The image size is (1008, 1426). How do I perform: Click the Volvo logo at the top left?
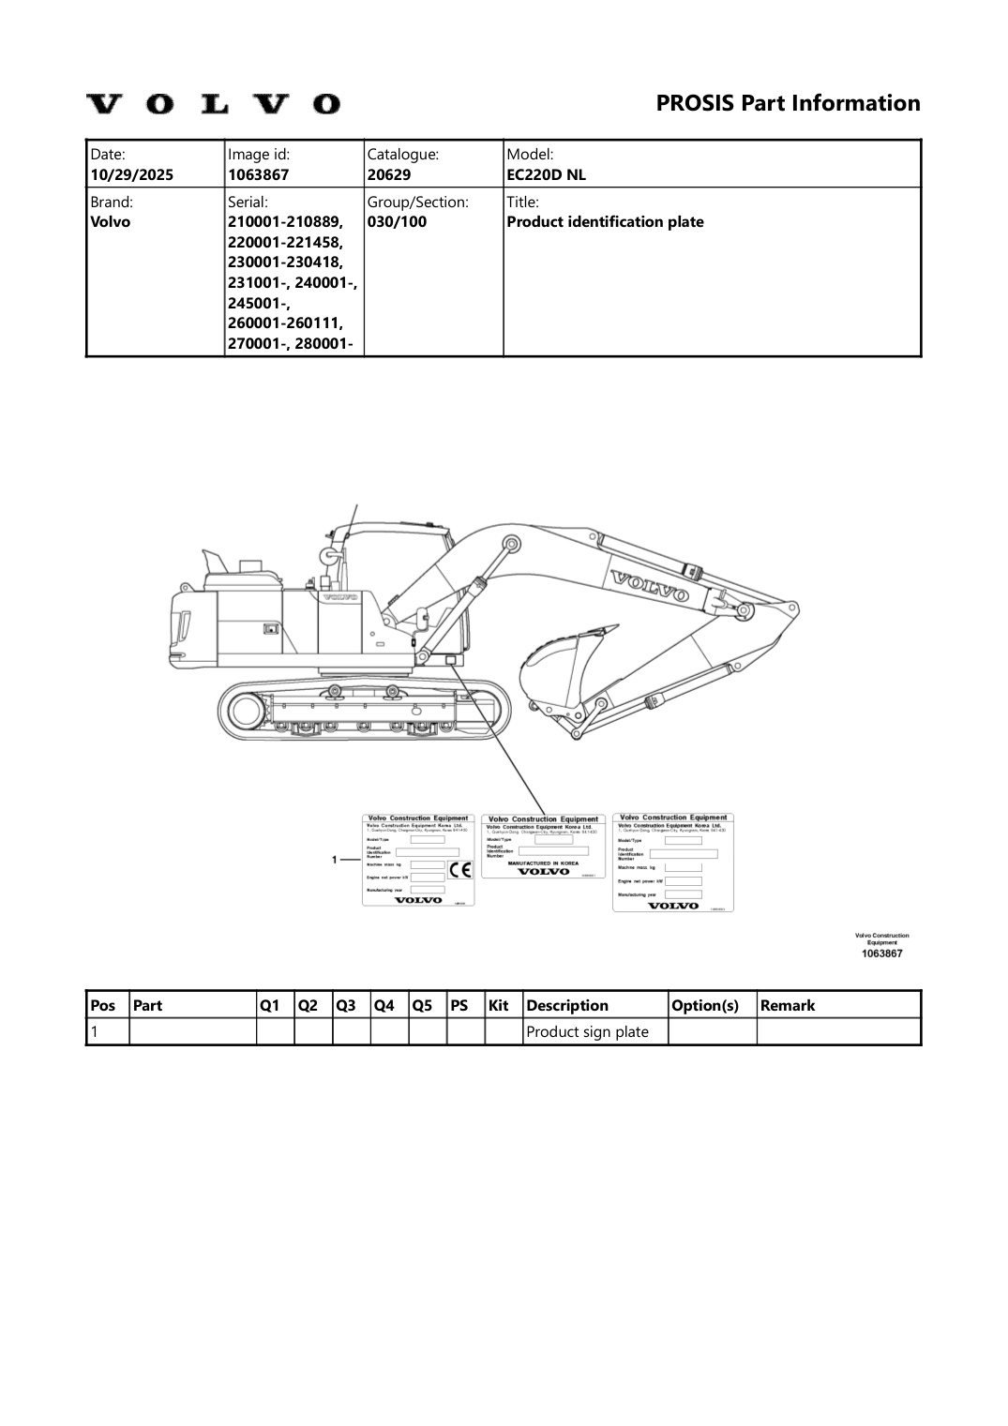213,103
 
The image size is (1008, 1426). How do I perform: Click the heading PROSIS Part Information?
788,103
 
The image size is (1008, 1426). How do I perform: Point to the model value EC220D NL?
546,174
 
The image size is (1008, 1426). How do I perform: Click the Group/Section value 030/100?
397,222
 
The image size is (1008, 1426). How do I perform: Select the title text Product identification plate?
605,222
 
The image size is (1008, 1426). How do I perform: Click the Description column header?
567,1006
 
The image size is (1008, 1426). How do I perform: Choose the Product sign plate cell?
588,1032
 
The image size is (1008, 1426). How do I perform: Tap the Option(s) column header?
703,1006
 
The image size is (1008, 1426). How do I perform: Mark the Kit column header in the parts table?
498,1006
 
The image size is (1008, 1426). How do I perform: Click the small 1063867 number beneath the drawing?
881,953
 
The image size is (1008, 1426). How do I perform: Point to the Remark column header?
788,1006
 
